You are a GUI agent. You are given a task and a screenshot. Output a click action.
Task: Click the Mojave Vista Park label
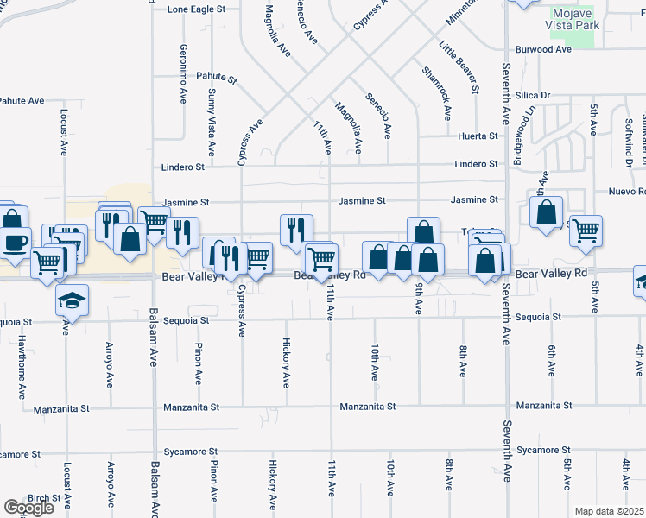pos(573,21)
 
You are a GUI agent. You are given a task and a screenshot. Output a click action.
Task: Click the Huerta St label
pos(478,136)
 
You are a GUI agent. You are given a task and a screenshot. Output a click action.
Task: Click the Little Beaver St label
pos(459,66)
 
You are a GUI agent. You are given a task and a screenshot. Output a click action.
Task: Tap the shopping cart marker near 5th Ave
pos(586,231)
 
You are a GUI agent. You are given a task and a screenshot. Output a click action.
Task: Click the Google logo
pos(28,508)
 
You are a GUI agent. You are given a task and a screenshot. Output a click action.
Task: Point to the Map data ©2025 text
pos(610,511)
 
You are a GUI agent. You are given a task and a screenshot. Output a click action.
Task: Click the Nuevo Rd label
pos(627,191)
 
